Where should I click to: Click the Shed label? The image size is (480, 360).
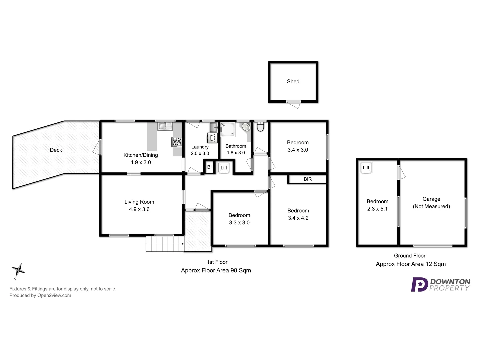click(x=293, y=81)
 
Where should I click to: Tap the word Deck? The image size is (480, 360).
click(x=56, y=150)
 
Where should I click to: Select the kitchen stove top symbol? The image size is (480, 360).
click(x=177, y=142)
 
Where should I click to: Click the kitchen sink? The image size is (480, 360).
click(x=163, y=126)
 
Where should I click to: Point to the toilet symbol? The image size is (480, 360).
click(x=260, y=127)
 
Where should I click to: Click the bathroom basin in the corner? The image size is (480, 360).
click(x=246, y=127)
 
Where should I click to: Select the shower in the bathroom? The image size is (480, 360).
click(x=228, y=130)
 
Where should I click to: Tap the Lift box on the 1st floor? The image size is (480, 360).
click(x=224, y=168)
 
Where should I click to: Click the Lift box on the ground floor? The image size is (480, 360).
click(x=366, y=167)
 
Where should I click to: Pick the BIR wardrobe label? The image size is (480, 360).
click(x=307, y=179)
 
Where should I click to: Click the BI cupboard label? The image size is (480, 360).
click(x=209, y=167)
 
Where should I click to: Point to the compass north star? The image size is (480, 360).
click(x=19, y=270)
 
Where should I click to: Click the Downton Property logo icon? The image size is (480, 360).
click(x=419, y=285)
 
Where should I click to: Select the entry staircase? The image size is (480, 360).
click(x=165, y=244)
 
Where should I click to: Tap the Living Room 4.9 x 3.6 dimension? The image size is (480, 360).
click(x=139, y=209)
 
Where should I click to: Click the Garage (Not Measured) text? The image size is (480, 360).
click(x=431, y=203)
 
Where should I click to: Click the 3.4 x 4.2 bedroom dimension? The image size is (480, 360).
click(x=298, y=218)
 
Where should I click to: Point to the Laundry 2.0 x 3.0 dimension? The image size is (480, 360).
click(x=200, y=153)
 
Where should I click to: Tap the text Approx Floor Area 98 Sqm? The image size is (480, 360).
click(x=216, y=270)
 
